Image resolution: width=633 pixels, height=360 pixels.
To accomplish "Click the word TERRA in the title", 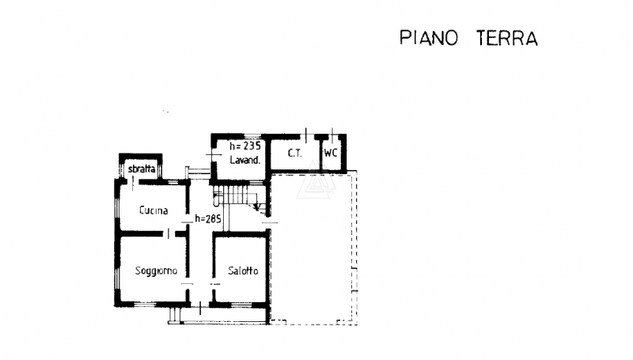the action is tap(507, 38).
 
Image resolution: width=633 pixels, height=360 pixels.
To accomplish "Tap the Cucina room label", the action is tap(153, 210).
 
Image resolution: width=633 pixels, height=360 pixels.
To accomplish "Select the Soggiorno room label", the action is tap(156, 271).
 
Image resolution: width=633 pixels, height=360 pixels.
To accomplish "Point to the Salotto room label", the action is tap(242, 271).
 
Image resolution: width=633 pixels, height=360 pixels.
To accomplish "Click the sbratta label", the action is tap(141, 168).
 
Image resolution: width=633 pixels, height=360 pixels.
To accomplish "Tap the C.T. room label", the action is tap(294, 153).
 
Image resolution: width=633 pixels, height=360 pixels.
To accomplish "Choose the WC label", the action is tap(331, 153).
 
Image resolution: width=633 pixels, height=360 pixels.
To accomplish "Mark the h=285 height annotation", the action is tap(207, 219).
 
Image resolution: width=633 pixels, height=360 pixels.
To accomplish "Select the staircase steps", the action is tap(237, 193).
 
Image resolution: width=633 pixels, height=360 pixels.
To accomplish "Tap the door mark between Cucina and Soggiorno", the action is tap(168, 232).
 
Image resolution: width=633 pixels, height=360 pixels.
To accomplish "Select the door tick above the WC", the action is tap(332, 133).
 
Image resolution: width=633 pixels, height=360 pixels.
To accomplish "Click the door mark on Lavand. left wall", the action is tap(210, 153).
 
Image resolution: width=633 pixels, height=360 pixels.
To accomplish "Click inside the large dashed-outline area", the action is tap(313, 253).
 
